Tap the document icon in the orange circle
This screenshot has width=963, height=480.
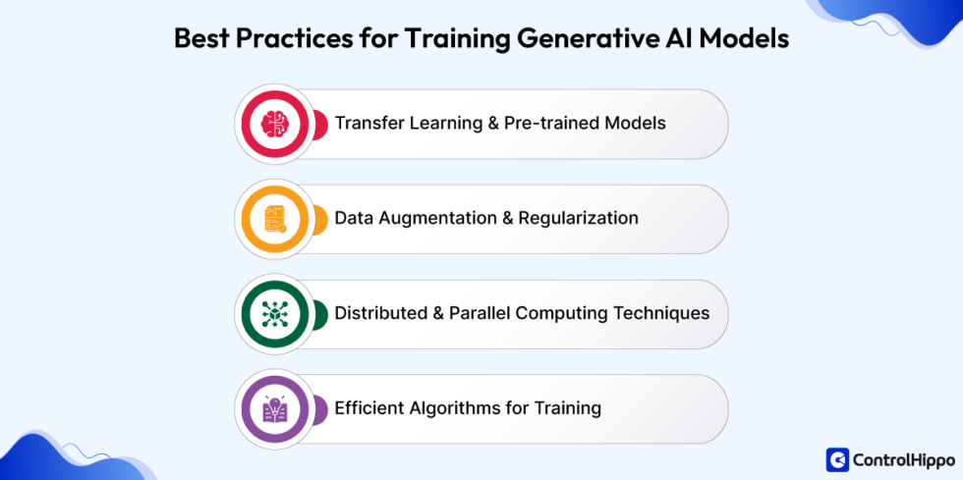click(274, 219)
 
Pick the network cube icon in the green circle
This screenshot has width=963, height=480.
click(274, 314)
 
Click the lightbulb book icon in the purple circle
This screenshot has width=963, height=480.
click(274, 408)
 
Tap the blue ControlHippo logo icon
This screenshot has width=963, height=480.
click(837, 459)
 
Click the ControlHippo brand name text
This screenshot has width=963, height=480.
click(904, 460)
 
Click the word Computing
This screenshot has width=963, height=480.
click(556, 314)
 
